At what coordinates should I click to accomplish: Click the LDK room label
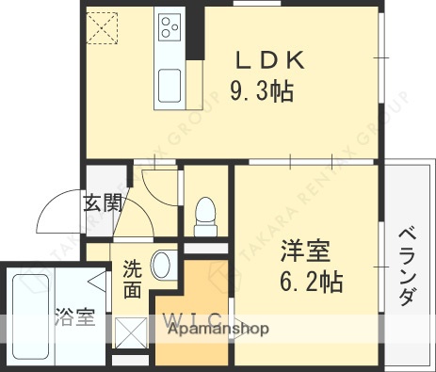[x=269, y=60]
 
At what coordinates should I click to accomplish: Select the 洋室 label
[x=304, y=252]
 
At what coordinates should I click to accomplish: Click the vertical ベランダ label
[x=406, y=266]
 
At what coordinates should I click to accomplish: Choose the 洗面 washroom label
[x=133, y=279]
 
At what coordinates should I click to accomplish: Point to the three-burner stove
[x=170, y=25]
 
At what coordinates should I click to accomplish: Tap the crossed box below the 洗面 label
[x=129, y=332]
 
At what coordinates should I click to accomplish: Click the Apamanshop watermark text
[x=218, y=329]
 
